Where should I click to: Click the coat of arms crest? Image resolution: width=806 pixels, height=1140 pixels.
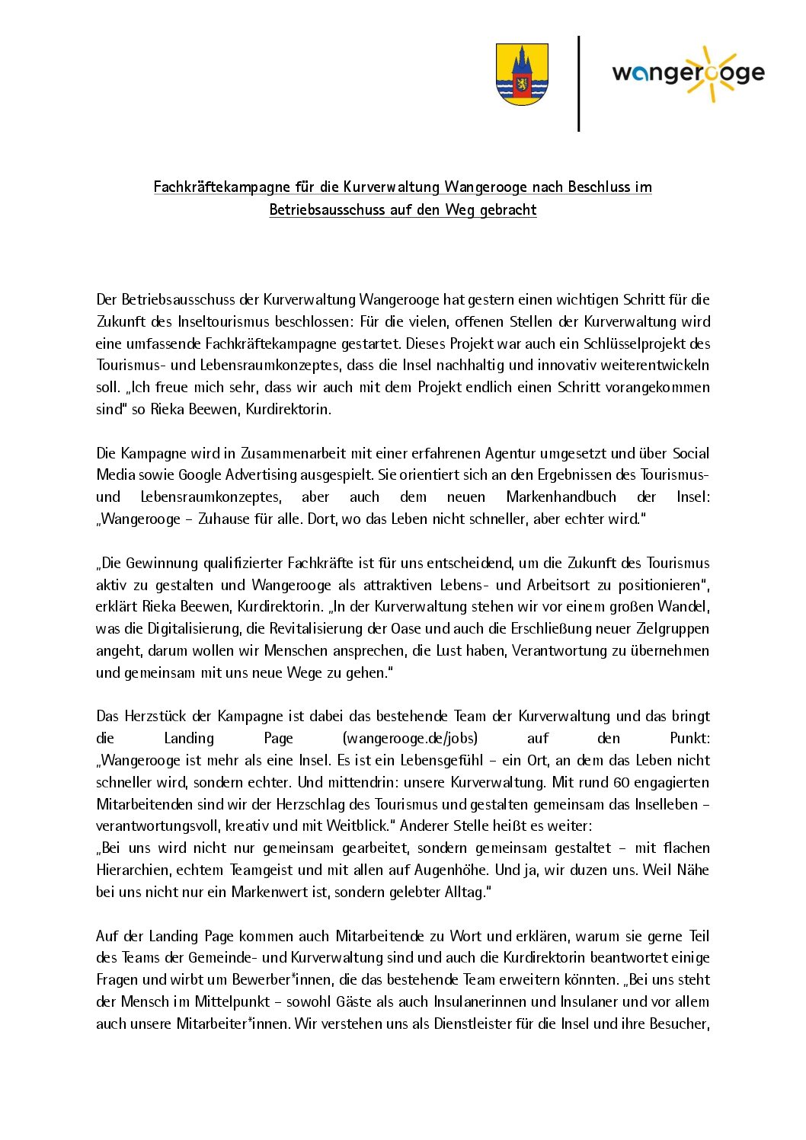[522, 74]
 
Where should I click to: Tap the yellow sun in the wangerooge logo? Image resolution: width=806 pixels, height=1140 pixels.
[710, 73]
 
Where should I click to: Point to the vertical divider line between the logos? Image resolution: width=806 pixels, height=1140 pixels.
[579, 84]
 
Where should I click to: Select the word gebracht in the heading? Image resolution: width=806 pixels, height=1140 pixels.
[508, 210]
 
